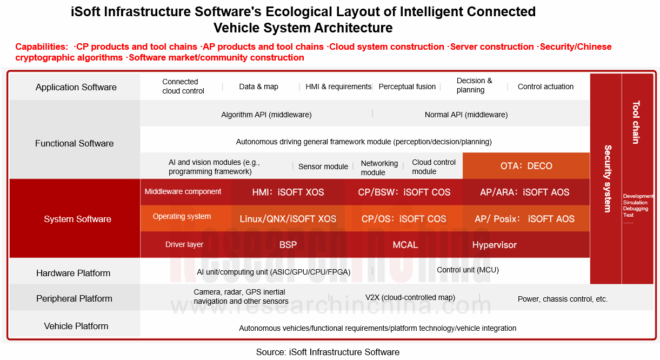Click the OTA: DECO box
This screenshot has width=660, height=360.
pyautogui.click(x=526, y=166)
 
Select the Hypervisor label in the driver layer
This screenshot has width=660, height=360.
pyautogui.click(x=494, y=245)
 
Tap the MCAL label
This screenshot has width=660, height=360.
pyautogui.click(x=405, y=245)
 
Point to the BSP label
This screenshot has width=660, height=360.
pyautogui.click(x=288, y=245)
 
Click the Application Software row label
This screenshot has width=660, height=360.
pyautogui.click(x=76, y=87)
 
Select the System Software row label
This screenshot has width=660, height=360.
pyautogui.click(x=77, y=219)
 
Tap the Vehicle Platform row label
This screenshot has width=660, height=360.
pyautogui.click(x=76, y=326)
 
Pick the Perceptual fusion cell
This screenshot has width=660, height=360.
pyautogui.click(x=407, y=86)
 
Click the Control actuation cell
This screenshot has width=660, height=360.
pyautogui.click(x=545, y=86)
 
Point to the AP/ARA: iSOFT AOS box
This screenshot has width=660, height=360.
pyautogui.click(x=524, y=192)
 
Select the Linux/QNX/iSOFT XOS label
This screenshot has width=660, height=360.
pyautogui.click(x=288, y=219)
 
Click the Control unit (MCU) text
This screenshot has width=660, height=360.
pyautogui.click(x=468, y=270)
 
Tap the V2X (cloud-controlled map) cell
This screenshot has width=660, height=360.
pyautogui.click(x=410, y=297)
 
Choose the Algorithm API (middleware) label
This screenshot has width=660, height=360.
pyautogui.click(x=266, y=115)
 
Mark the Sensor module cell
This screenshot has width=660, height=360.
pyautogui.click(x=323, y=166)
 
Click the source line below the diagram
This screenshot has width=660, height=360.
pyautogui.click(x=328, y=352)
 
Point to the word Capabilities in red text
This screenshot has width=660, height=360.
pyautogui.click(x=42, y=46)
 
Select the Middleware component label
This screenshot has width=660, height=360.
pyautogui.click(x=183, y=191)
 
